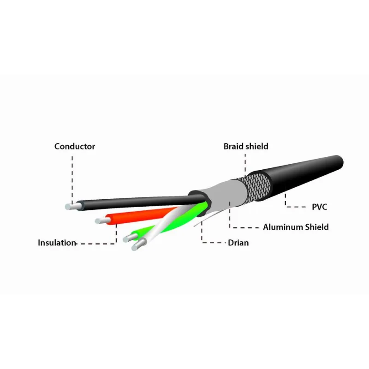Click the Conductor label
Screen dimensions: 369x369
click(x=75, y=146)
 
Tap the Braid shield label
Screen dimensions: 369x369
click(x=246, y=146)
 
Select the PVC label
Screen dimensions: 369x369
click(x=319, y=207)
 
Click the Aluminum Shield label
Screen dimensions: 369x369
click(x=296, y=227)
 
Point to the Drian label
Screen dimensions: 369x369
click(x=238, y=243)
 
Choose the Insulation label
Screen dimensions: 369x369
click(x=57, y=243)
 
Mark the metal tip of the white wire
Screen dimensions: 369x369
click(x=139, y=245)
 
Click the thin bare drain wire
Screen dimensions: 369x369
click(x=207, y=219)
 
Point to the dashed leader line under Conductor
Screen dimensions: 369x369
click(x=72, y=179)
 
